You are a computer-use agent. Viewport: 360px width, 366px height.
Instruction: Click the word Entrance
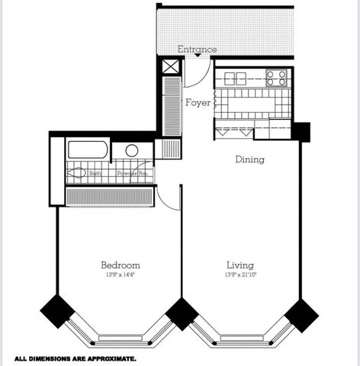[x=197, y=50]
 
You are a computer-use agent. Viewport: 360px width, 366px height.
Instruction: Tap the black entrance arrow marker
[x=198, y=56]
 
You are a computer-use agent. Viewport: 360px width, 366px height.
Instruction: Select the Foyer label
[x=198, y=102]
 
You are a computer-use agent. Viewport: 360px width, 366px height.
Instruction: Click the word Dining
[x=249, y=159]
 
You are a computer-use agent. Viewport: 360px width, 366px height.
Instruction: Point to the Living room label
[x=239, y=265]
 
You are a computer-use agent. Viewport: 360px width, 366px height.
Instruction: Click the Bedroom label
[x=121, y=265]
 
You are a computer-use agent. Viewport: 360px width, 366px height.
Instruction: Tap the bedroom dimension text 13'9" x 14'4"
[x=121, y=274]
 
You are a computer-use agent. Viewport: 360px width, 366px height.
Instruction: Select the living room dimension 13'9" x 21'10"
[x=239, y=274]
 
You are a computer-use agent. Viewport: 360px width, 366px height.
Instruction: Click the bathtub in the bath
[x=88, y=149]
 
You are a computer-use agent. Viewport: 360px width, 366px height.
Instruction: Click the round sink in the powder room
[x=132, y=150]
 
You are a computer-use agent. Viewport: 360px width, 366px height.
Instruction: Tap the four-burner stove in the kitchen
[x=276, y=76]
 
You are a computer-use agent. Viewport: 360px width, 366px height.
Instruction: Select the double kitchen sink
[x=235, y=77]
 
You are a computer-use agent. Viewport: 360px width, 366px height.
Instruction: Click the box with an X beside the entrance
[x=169, y=66]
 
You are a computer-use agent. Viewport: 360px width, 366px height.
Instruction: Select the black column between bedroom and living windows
[x=182, y=313]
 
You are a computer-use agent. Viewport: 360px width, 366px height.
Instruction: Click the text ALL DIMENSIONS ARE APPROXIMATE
[x=75, y=358]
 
